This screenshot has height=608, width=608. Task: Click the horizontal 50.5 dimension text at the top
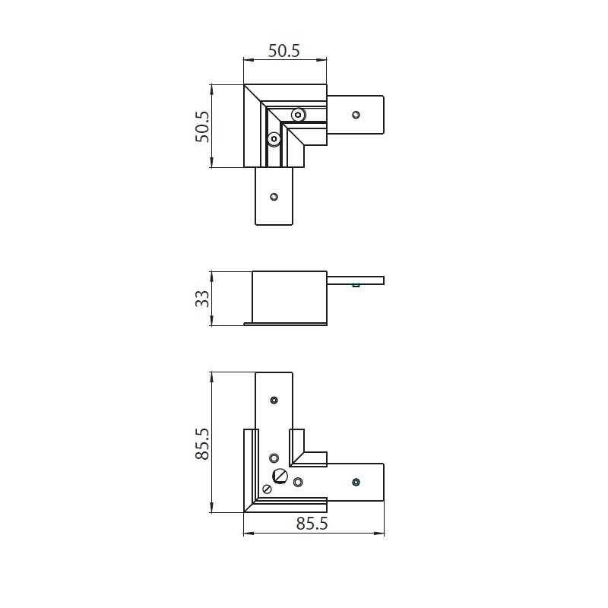[284, 51]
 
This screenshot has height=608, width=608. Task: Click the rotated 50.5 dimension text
[202, 127]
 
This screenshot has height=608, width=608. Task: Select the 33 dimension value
[202, 299]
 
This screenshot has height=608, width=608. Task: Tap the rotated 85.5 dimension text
[202, 444]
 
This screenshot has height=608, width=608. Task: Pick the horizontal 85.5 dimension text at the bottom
[312, 524]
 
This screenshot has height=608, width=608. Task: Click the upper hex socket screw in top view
[298, 115]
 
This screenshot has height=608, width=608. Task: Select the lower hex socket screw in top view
[274, 139]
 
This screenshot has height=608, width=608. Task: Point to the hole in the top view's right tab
[356, 115]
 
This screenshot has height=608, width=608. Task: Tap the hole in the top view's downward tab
[274, 197]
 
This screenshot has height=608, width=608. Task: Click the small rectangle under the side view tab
[356, 286]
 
